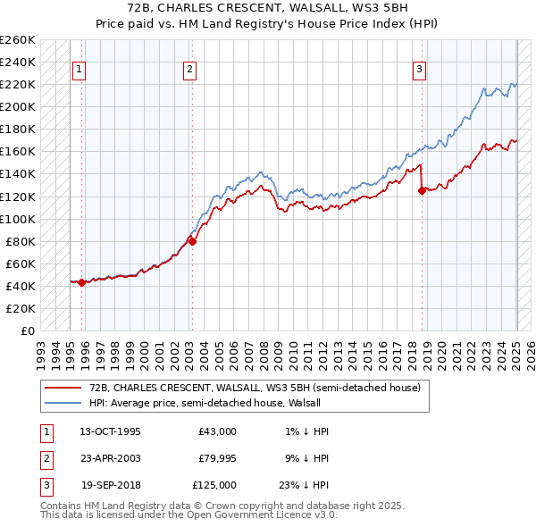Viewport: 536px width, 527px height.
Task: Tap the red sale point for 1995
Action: pyautogui.click(x=81, y=282)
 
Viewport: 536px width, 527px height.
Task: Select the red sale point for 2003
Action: pyautogui.click(x=192, y=240)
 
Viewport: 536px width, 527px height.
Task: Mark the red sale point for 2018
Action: pyautogui.click(x=422, y=190)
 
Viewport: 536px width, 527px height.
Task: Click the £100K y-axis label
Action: pyautogui.click(x=18, y=219)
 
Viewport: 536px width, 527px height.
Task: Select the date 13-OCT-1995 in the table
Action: pyautogui.click(x=110, y=431)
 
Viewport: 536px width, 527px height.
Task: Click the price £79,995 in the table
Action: pyautogui.click(x=218, y=458)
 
